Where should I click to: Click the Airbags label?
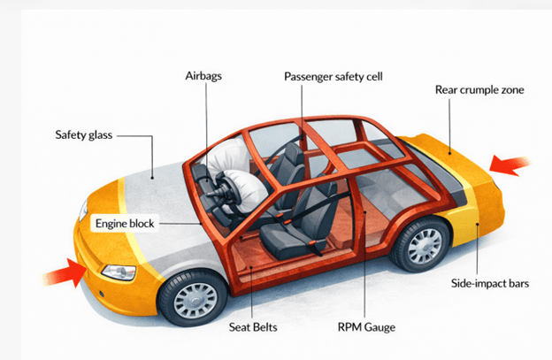tap(205, 76)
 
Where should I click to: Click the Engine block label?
tap(125, 223)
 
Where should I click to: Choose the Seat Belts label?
tap(253, 327)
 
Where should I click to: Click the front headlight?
tap(118, 271)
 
